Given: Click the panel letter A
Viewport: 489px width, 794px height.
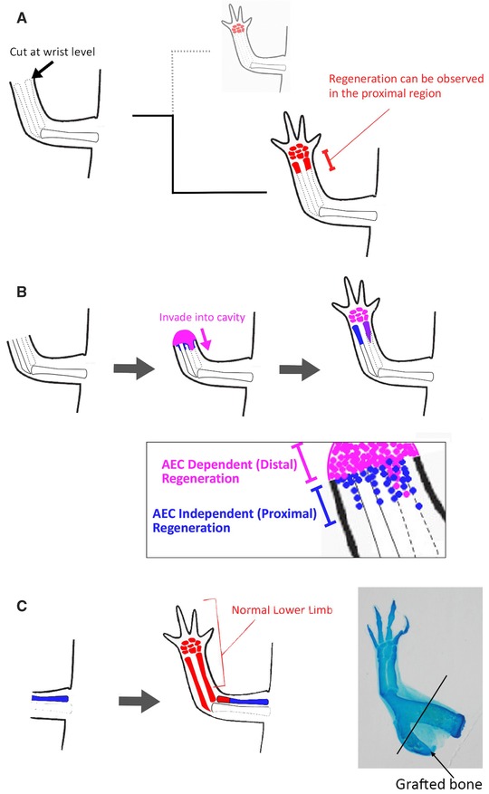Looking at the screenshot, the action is pyautogui.click(x=22, y=18).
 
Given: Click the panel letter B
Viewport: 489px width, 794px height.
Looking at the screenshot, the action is pyautogui.click(x=22, y=292).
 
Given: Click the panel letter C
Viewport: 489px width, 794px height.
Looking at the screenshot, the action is pyautogui.click(x=22, y=606).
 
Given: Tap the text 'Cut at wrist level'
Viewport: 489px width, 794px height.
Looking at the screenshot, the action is pyautogui.click(x=53, y=52).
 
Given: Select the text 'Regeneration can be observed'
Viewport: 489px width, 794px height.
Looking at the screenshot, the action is pyautogui.click(x=406, y=79).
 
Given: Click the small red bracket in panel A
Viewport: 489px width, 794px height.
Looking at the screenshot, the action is pyautogui.click(x=330, y=159).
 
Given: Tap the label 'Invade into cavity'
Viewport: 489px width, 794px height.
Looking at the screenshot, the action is pyautogui.click(x=202, y=318).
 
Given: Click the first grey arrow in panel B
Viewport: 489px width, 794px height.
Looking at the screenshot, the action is pyautogui.click(x=134, y=369).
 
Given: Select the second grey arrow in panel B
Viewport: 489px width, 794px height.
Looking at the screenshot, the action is pyautogui.click(x=300, y=369).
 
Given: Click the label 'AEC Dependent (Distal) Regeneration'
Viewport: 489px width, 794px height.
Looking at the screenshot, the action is pyautogui.click(x=229, y=472).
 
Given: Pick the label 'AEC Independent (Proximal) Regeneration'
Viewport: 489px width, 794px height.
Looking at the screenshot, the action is pyautogui.click(x=235, y=521).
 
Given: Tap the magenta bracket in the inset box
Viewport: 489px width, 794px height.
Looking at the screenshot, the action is pyautogui.click(x=305, y=463).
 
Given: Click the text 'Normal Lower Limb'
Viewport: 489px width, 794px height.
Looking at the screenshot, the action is pyautogui.click(x=282, y=610).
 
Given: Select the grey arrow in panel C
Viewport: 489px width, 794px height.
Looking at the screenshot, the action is pyautogui.click(x=139, y=701).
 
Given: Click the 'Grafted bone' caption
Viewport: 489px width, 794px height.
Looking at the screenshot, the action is pyautogui.click(x=438, y=784).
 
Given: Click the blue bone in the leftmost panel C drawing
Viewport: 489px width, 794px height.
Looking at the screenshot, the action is pyautogui.click(x=50, y=698).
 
